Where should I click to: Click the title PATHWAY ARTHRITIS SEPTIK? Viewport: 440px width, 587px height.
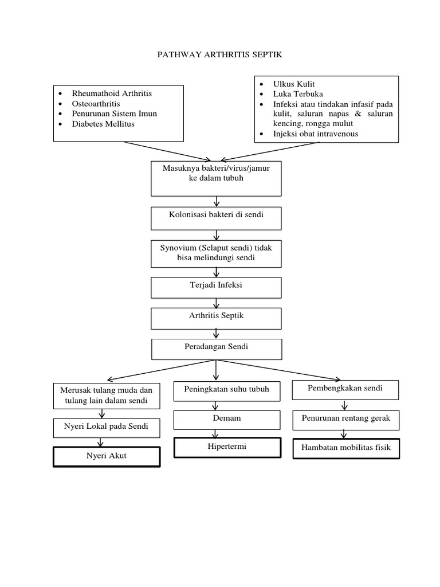[220, 55]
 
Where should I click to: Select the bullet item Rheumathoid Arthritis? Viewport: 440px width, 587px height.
[112, 93]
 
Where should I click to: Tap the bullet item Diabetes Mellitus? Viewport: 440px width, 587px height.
[103, 124]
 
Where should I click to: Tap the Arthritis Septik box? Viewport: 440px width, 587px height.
[217, 316]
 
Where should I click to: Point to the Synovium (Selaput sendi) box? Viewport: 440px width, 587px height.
[217, 253]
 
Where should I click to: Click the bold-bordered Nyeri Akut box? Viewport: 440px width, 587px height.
[107, 457]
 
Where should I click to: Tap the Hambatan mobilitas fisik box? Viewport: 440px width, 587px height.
[346, 448]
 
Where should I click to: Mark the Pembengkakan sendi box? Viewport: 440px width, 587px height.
[345, 389]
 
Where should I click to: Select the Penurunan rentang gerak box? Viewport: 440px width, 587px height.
[345, 419]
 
